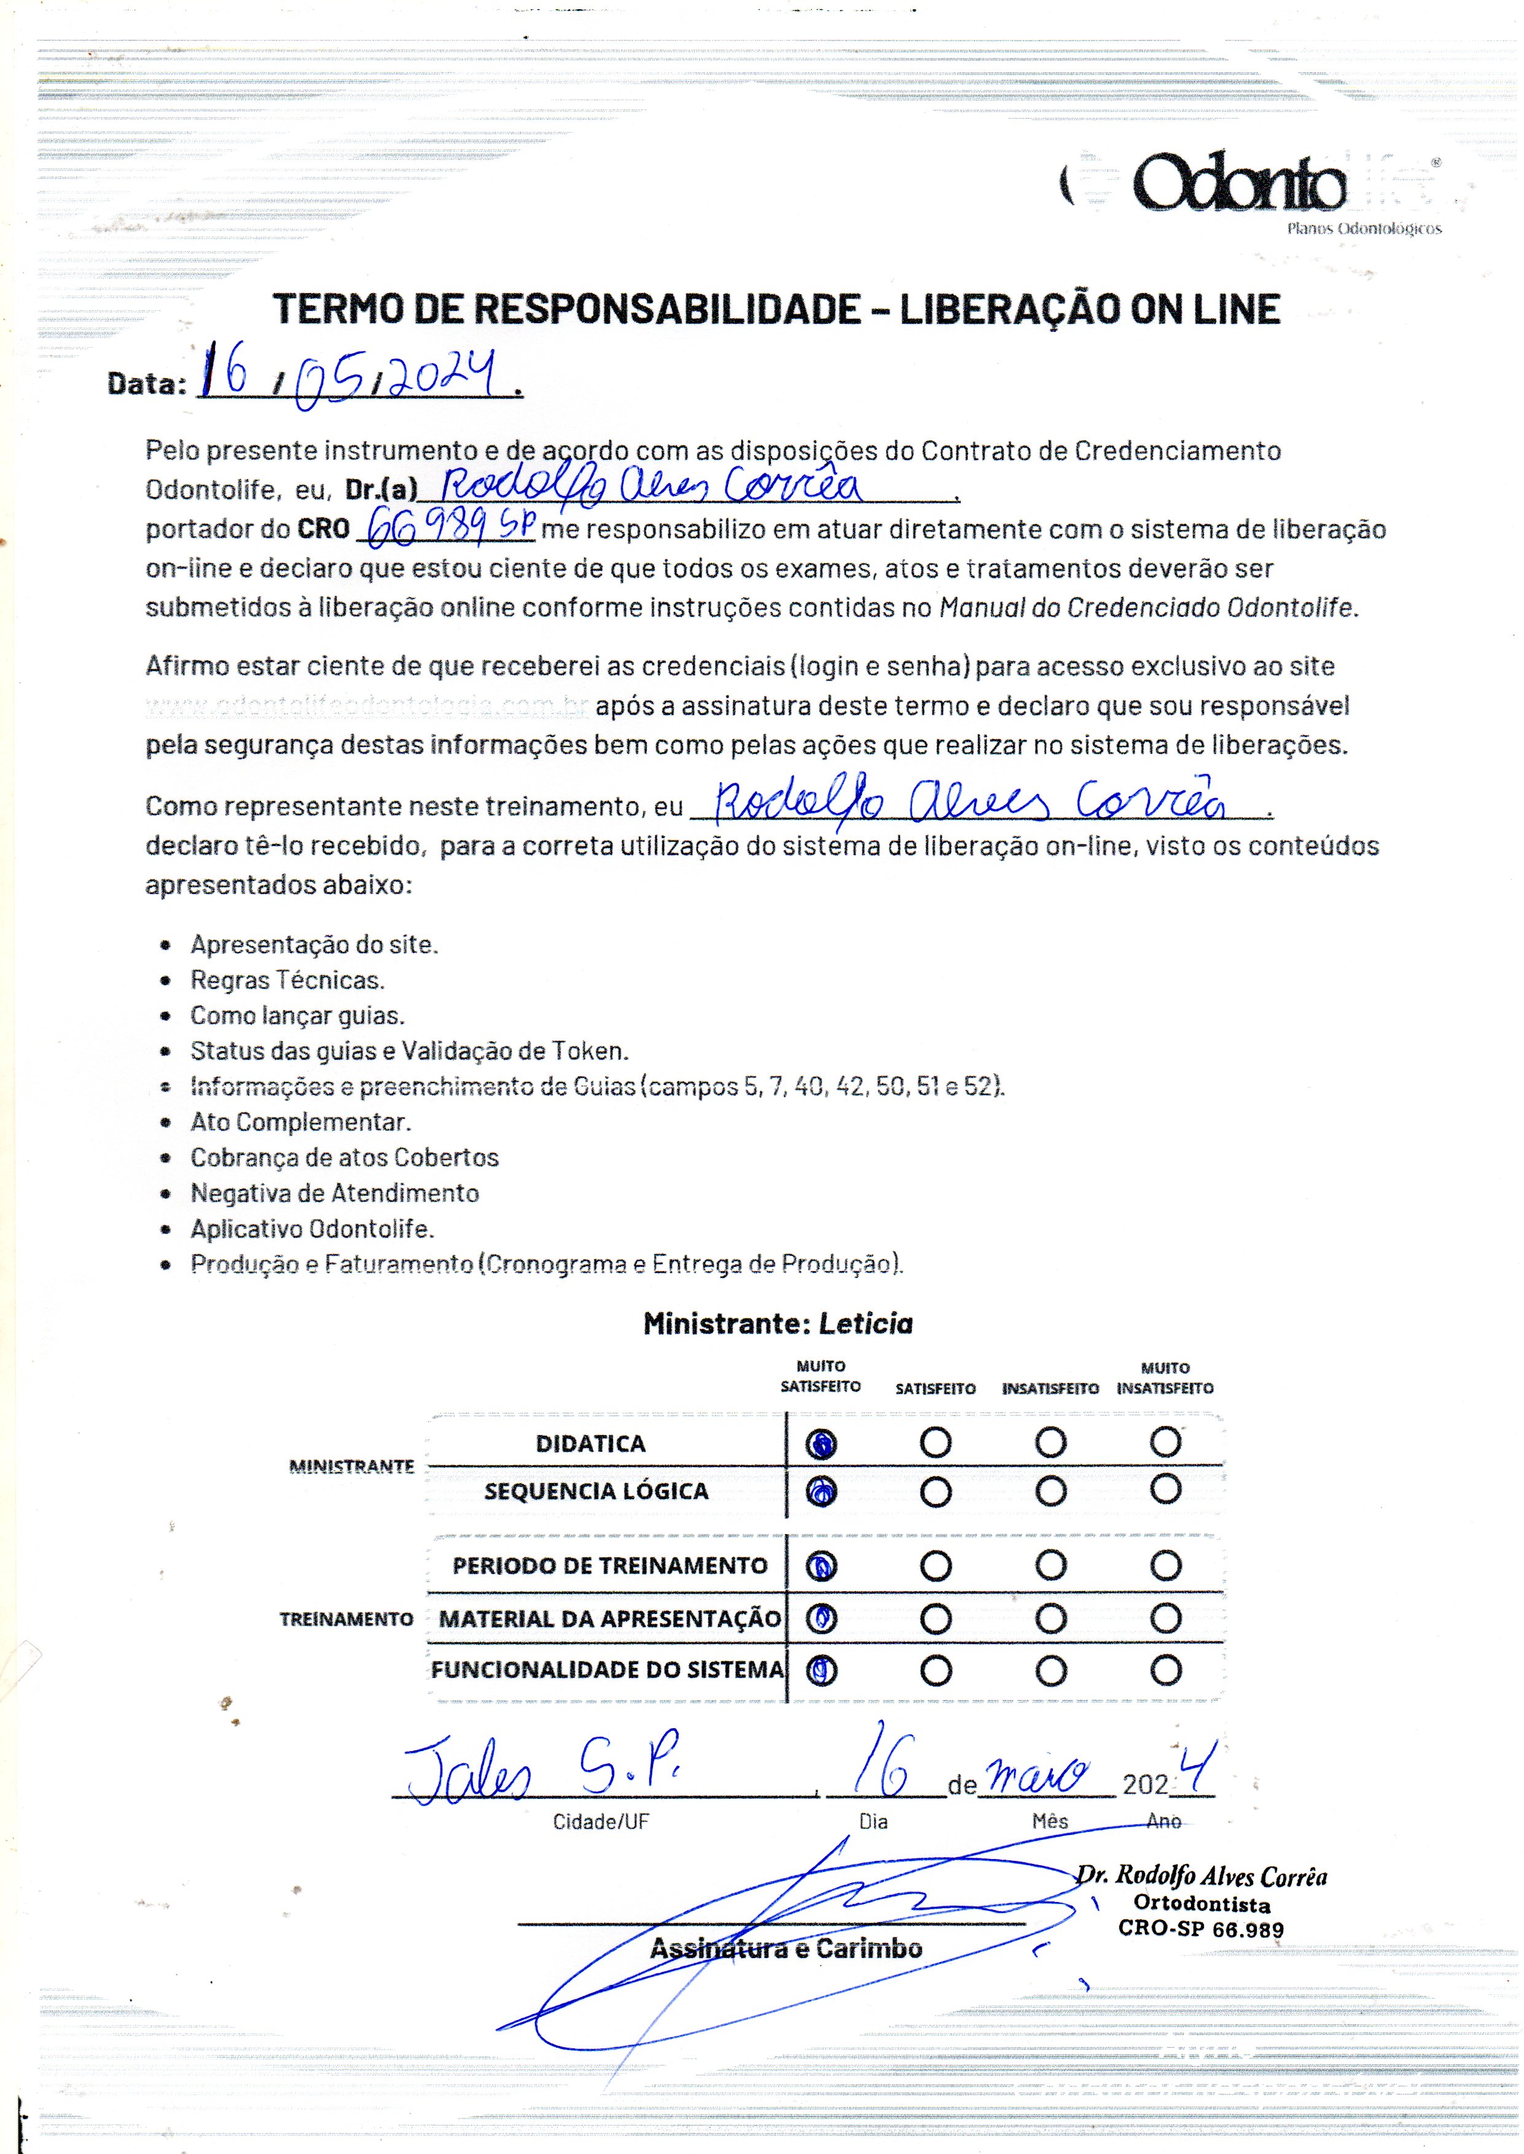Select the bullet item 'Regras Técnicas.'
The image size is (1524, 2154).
287,980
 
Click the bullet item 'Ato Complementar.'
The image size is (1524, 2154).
300,1122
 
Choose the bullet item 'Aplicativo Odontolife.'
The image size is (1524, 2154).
311,1229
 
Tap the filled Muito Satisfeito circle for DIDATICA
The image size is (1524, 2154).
821,1444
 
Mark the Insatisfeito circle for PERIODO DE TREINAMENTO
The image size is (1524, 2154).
1051,1565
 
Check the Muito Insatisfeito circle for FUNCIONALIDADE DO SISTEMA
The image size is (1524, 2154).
1165,1670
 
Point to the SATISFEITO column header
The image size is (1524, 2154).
936,1388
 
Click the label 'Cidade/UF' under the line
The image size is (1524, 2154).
601,1822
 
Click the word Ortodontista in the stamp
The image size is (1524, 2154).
1201,1905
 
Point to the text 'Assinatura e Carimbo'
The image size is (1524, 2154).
786,1948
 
